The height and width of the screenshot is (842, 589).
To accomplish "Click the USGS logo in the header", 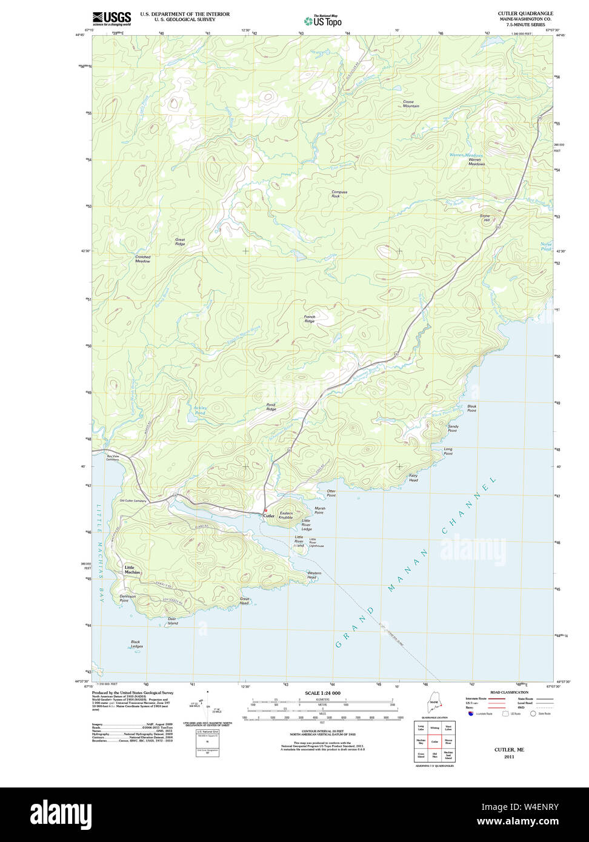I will point(111,18).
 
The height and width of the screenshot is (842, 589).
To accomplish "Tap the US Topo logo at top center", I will point(322,21).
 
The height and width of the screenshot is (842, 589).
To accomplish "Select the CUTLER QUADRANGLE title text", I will point(525,13).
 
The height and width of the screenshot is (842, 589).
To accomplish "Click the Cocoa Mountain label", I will point(411,104).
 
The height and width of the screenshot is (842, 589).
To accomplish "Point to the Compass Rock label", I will point(339,194).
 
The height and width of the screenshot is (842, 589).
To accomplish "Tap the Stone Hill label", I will point(485,218).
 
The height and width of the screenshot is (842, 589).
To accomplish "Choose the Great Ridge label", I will point(180,242).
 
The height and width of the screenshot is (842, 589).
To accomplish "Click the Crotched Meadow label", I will point(142,259).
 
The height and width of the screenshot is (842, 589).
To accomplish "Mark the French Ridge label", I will point(310,319).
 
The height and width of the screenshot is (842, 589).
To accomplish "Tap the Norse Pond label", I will point(546,247).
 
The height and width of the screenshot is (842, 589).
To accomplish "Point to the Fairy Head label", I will point(413,477).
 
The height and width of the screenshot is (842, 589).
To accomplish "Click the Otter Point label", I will point(331,493).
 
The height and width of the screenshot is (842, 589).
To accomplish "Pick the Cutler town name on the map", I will point(269,516).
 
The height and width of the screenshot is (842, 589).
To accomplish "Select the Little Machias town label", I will point(132,570).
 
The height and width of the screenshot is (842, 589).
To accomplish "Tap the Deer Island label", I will point(173,621).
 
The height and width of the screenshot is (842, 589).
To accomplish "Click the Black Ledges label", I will point(137,644).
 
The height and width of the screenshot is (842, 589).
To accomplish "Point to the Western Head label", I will point(314,575).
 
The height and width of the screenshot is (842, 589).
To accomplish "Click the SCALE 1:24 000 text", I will point(322,693).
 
